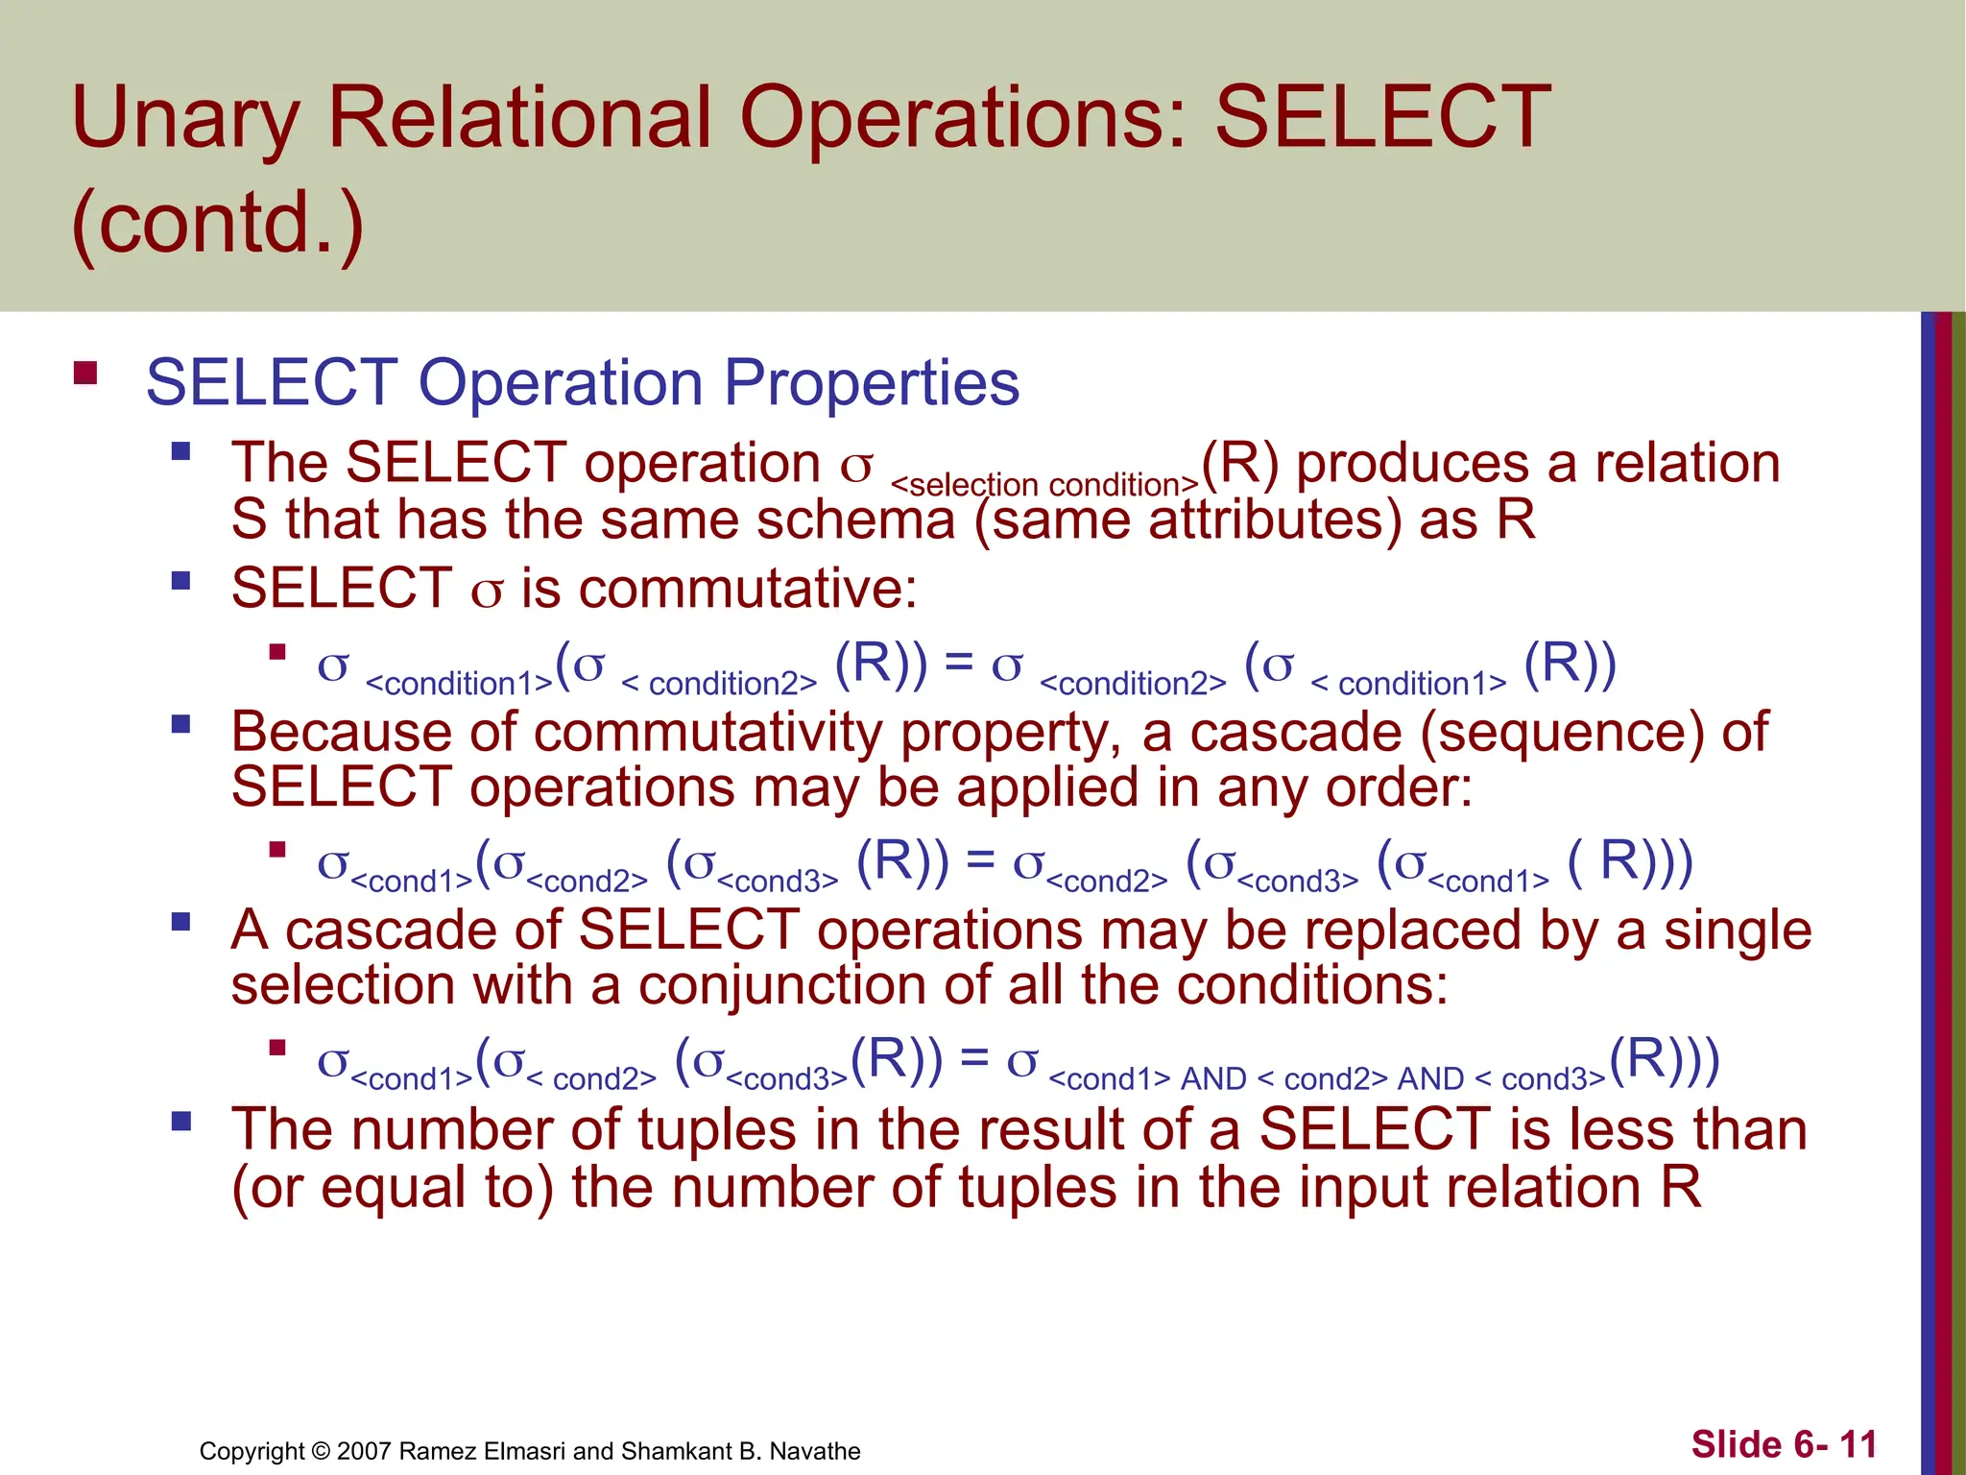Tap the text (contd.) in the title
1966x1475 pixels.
tap(218, 223)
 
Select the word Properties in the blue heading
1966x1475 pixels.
tap(871, 382)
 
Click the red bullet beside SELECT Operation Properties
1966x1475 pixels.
tap(85, 373)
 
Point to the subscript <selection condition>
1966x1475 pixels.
tap(1044, 485)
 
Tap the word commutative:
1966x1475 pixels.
tap(719, 588)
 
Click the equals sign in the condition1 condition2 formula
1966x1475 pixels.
tap(958, 663)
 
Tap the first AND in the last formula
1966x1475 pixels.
tap(1213, 1079)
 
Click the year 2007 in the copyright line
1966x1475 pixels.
tap(364, 1451)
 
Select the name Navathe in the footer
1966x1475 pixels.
tap(815, 1451)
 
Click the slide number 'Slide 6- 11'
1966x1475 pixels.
tap(1783, 1444)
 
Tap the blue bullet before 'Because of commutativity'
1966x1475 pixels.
tap(180, 724)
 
